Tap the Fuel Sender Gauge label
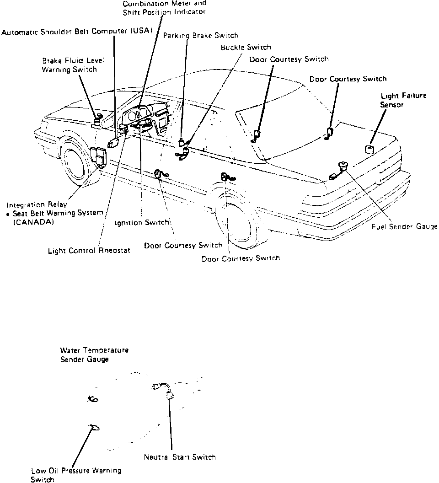404,226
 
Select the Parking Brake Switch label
201,35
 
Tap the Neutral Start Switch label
179,456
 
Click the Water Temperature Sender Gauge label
94,354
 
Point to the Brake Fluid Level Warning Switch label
70,65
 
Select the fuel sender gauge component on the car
342,166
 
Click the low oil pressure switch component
95,427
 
